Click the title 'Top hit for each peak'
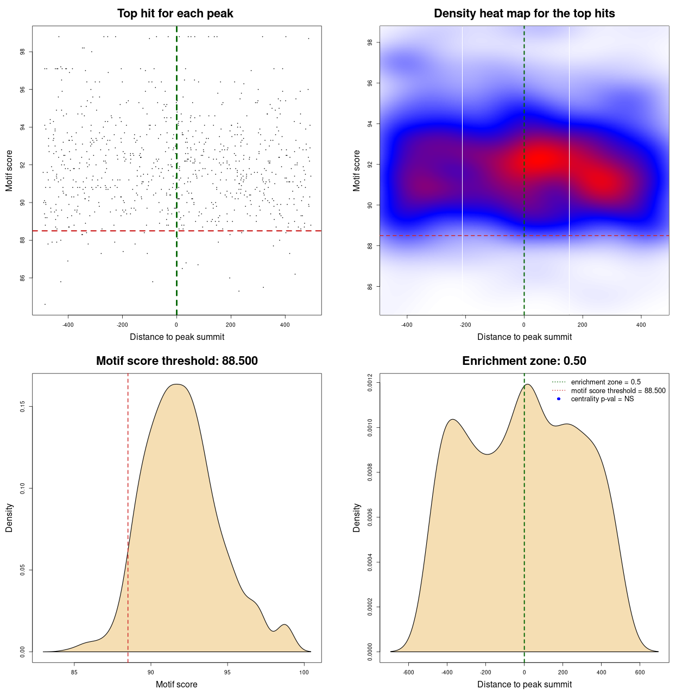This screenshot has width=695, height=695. [x=175, y=14]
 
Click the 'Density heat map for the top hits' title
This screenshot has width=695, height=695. [x=524, y=14]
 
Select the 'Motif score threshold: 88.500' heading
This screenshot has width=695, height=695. [x=176, y=361]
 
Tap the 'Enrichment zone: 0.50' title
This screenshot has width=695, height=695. [x=524, y=361]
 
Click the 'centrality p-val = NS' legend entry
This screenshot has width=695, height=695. [x=602, y=399]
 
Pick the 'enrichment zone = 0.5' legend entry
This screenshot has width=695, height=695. [x=605, y=382]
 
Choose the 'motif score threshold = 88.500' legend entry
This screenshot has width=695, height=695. [x=618, y=391]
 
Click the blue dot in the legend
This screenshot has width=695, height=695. [x=559, y=399]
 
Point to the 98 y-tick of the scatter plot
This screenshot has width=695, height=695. [x=22, y=52]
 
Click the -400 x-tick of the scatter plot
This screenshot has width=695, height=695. [x=68, y=325]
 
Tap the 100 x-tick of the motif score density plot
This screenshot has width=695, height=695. [x=304, y=672]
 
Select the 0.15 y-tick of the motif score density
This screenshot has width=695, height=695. [x=22, y=407]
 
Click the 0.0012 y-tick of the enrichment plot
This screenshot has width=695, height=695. [x=370, y=383]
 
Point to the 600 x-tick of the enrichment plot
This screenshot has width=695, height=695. [x=640, y=672]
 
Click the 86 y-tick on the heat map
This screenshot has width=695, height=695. [x=370, y=286]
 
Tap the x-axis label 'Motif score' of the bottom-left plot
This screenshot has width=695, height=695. [x=176, y=684]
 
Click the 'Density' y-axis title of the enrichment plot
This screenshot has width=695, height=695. [x=357, y=517]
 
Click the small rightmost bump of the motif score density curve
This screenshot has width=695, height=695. [x=285, y=625]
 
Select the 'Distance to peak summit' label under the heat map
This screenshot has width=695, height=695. [x=524, y=337]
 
